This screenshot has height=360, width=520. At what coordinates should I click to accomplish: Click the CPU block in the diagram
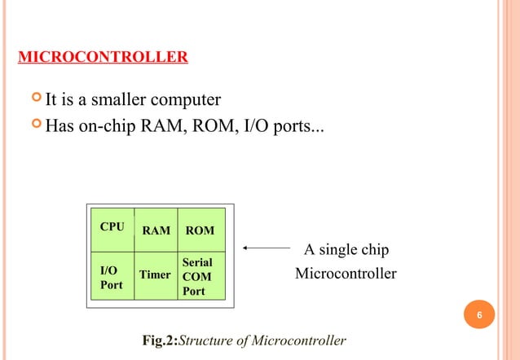click(x=112, y=227)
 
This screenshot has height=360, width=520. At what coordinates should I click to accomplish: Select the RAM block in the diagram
click(x=156, y=230)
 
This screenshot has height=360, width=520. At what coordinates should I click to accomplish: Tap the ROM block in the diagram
click(x=201, y=230)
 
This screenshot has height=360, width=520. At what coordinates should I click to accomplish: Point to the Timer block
click(x=155, y=275)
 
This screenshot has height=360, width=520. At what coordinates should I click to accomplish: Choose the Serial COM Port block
click(x=197, y=277)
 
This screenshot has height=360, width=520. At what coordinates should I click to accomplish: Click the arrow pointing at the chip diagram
click(x=267, y=248)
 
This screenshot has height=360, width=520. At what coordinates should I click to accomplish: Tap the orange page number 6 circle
click(x=480, y=316)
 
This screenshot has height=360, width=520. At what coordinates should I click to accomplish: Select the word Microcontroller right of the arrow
click(x=346, y=274)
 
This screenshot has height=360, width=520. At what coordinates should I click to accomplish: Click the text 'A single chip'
click(x=346, y=249)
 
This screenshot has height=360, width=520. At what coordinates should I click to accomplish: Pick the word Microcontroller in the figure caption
click(x=305, y=340)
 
